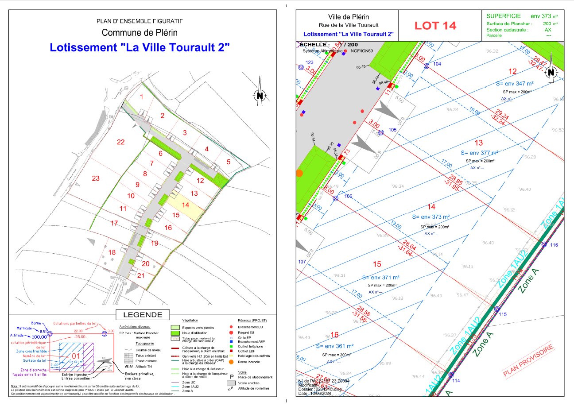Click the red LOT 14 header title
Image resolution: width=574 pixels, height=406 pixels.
(x=435, y=25)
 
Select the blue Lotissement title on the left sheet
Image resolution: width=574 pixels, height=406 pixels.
(x=140, y=48)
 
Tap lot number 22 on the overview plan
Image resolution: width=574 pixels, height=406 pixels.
(x=120, y=142)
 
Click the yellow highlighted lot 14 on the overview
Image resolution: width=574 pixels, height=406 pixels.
(x=185, y=205)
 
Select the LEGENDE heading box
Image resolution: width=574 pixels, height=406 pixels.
(x=142, y=315)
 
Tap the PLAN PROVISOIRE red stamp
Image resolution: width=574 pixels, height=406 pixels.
(x=529, y=361)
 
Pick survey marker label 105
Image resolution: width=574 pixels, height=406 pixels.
(x=392, y=130)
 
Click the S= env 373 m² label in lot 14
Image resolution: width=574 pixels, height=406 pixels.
(x=430, y=217)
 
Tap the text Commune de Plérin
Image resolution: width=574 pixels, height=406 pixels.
(x=140, y=33)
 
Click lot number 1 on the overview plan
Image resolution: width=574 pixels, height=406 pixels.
(x=142, y=97)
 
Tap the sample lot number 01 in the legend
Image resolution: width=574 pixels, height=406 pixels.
(x=76, y=355)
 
